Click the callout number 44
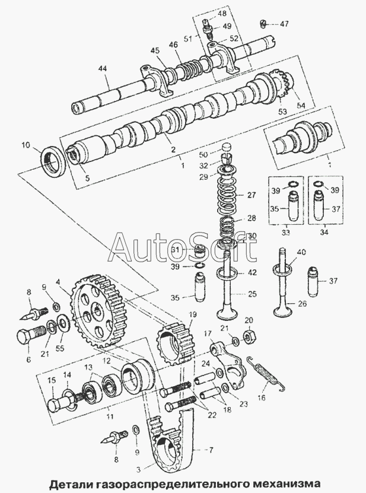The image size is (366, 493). point(102,70)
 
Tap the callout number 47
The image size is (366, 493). point(284,24)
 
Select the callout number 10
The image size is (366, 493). point(26,145)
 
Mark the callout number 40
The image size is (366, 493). point(301,253)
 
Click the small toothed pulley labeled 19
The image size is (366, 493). point(173,346)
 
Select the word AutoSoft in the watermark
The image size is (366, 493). point(184,247)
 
